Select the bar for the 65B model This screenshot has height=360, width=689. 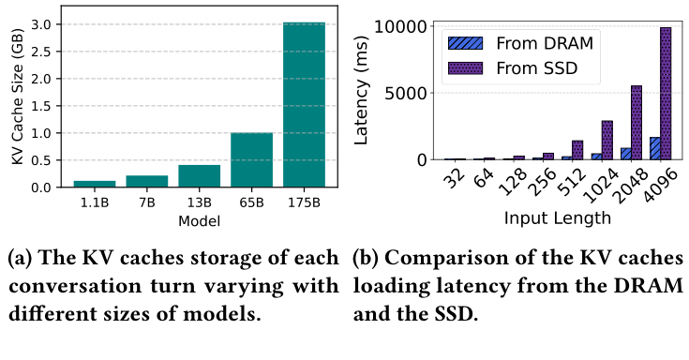pos(252,159)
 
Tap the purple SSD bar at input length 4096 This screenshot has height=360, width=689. pos(666,94)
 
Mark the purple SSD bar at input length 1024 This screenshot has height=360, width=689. pos(607,141)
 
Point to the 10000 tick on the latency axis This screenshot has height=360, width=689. pos(403,26)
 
